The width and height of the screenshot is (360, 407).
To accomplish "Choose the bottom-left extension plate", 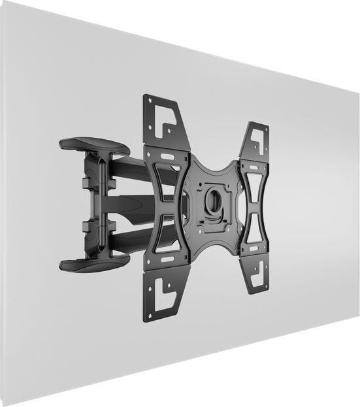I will point(163,294).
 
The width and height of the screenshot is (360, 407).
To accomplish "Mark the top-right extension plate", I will point(255,140).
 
